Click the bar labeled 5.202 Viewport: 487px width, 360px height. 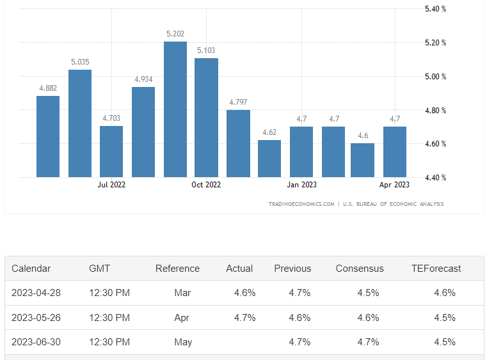click(x=175, y=109)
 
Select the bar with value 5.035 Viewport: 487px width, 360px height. click(x=80, y=123)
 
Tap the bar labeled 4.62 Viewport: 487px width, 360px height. click(x=269, y=159)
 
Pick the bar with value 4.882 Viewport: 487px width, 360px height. click(x=48, y=136)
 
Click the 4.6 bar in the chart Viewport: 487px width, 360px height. click(x=363, y=160)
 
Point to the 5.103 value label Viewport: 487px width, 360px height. click(x=206, y=50)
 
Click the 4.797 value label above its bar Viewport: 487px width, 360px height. click(x=237, y=102)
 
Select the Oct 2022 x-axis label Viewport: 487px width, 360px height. click(x=206, y=185)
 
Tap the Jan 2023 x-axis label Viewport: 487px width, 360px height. click(x=301, y=185)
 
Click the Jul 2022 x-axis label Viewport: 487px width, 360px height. click(x=111, y=185)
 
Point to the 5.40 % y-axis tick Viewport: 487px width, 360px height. click(x=435, y=9)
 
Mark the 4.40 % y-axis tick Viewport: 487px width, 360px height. click(x=435, y=178)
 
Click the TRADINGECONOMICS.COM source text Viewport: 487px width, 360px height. click(x=301, y=204)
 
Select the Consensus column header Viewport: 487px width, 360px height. click(x=360, y=269)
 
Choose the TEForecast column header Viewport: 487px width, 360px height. click(x=436, y=269)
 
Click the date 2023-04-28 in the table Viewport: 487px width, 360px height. click(x=36, y=293)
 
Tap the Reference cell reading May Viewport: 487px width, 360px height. click(x=183, y=342)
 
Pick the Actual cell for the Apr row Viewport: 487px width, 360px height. click(x=245, y=318)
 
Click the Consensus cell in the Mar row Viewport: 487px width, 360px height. click(x=368, y=293)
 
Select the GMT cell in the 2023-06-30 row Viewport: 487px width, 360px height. click(x=109, y=342)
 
